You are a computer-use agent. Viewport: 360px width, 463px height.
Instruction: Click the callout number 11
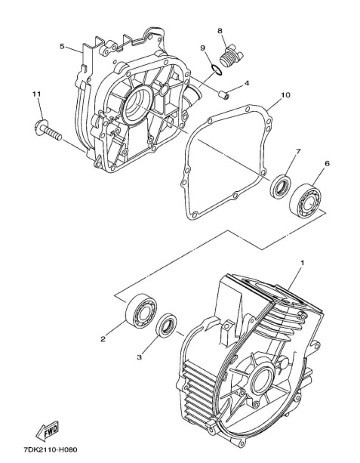click(37, 94)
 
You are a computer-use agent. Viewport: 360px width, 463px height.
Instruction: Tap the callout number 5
click(62, 47)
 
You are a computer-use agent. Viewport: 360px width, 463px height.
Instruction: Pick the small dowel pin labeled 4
click(224, 95)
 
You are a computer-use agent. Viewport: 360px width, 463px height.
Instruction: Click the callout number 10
click(285, 95)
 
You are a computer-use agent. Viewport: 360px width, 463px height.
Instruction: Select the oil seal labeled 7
click(281, 187)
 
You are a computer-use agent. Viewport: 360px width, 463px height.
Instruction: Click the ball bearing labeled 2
click(141, 310)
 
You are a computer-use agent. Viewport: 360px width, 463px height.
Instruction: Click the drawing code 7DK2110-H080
click(51, 450)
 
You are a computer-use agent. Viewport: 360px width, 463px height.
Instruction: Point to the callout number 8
click(220, 31)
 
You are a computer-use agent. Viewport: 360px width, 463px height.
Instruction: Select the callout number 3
click(139, 357)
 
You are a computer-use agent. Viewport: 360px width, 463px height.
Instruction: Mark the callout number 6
click(327, 163)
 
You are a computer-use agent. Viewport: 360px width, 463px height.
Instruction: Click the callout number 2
click(103, 339)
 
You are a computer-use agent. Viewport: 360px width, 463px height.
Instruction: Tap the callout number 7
click(298, 151)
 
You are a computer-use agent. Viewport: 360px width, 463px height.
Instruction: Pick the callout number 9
click(203, 48)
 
